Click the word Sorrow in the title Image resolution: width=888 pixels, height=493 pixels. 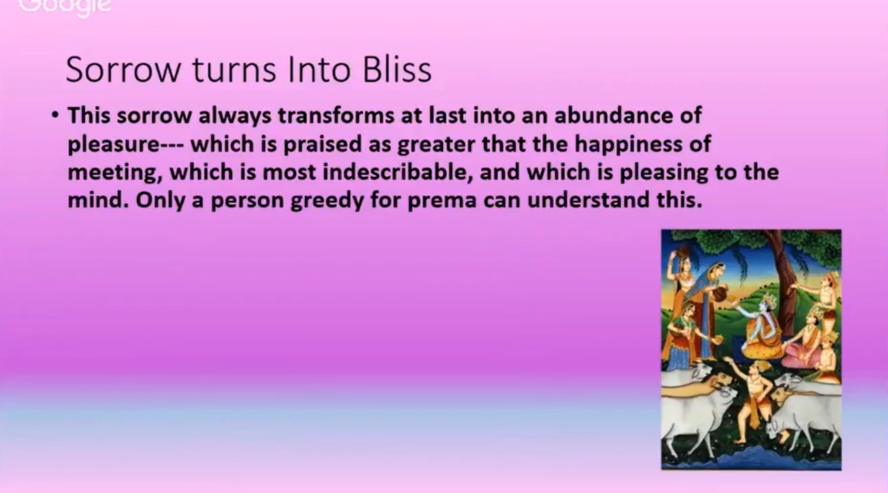[124, 69]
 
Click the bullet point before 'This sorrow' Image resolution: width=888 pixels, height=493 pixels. [55, 115]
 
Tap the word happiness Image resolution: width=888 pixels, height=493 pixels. [628, 144]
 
